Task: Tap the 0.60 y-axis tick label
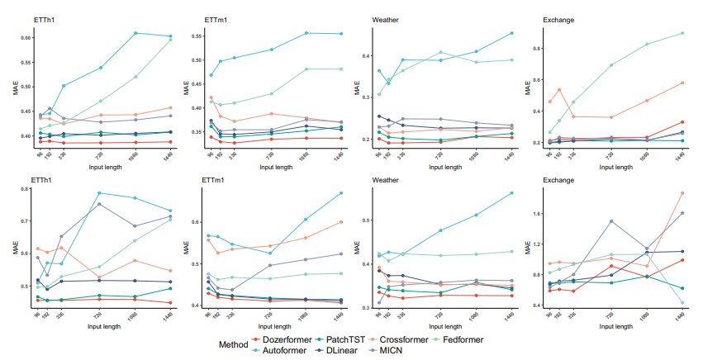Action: point(25,37)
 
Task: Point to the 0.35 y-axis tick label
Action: point(196,132)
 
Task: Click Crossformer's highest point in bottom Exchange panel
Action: point(682,193)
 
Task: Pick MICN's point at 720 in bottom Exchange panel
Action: point(610,221)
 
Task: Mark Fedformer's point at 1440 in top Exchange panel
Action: point(682,33)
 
